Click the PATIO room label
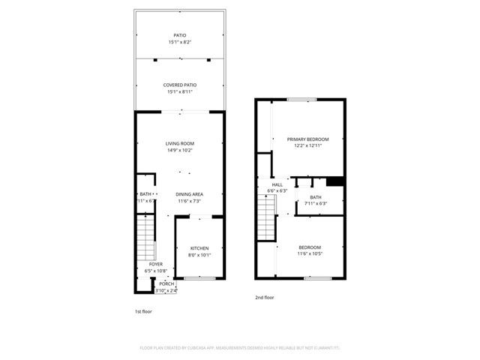tap(180, 35)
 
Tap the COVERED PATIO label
tap(180, 85)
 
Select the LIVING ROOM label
tap(180, 143)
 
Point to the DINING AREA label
tap(190, 194)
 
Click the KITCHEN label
tap(199, 248)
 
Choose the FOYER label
tap(154, 264)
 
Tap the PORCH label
tap(166, 284)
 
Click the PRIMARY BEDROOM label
tap(307, 139)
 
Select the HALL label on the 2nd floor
tap(277, 184)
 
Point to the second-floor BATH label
tap(316, 196)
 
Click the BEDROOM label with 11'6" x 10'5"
tap(310, 247)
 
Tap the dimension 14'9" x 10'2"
tap(180, 150)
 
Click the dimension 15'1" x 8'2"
tap(180, 42)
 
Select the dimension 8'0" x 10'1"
tap(199, 255)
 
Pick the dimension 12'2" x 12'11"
tap(307, 145)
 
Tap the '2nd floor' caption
tap(263, 297)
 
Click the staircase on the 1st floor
tap(145, 236)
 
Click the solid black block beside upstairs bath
tap(335, 181)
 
